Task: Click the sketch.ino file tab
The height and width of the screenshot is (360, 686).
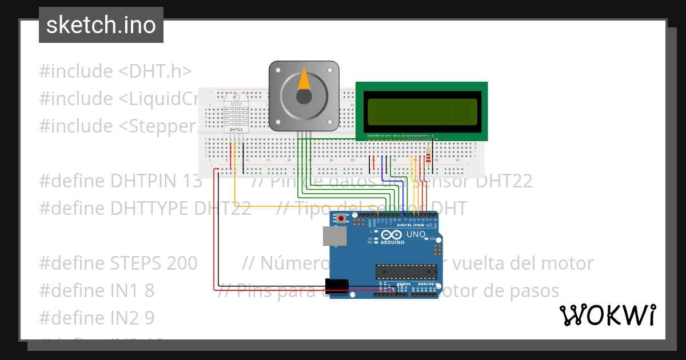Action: (x=101, y=25)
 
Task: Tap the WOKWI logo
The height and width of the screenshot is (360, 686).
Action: (x=607, y=315)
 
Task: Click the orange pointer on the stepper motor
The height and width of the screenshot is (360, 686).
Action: (x=304, y=81)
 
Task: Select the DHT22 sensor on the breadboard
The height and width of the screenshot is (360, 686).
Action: (x=236, y=113)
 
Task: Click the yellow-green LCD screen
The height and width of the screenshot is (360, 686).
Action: (x=422, y=111)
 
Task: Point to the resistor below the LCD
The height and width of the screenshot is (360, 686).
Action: (x=429, y=154)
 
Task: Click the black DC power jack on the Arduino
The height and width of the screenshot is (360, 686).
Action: (x=337, y=286)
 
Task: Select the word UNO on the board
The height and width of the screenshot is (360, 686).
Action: (x=416, y=235)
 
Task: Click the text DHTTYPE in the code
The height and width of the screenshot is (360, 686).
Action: (x=151, y=209)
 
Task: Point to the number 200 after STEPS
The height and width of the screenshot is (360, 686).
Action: (x=182, y=263)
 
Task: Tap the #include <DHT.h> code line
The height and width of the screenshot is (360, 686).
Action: (x=115, y=71)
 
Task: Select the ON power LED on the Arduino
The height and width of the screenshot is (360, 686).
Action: (x=433, y=239)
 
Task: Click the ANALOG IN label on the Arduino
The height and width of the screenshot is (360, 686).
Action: (x=426, y=284)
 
